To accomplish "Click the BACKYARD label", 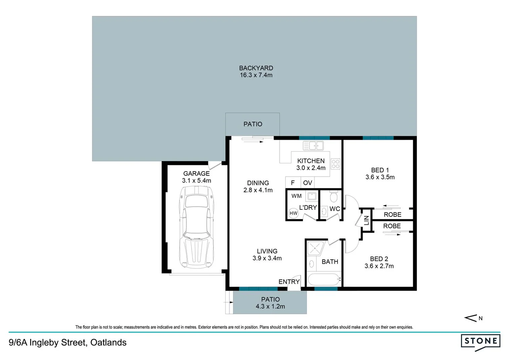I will point(256,68).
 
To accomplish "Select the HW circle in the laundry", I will point(293,213).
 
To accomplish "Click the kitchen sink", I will point(313,146).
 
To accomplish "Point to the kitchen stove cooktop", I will point(335,164).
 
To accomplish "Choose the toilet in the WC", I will point(333,197).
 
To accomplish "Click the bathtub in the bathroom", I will point(323,280).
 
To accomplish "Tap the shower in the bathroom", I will point(315,248).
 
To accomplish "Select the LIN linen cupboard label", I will point(366,220).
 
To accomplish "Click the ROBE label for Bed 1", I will point(392,215).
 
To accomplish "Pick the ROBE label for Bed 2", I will point(392,226).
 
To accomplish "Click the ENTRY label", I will point(289,282).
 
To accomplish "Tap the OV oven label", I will point(307,183).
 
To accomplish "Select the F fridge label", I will point(293,183).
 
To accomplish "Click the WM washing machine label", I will point(296,196).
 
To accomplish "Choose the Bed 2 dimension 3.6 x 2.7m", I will point(379,266).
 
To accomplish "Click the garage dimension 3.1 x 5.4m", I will point(197,181).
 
